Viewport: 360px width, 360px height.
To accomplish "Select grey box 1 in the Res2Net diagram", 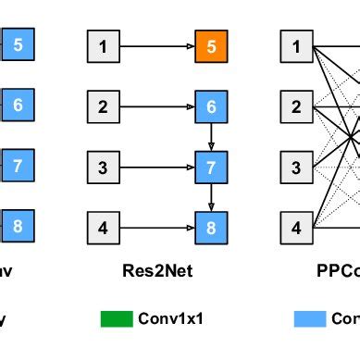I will pyautogui.click(x=103, y=44).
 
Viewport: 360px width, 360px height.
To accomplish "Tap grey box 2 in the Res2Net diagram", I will pyautogui.click(x=103, y=106).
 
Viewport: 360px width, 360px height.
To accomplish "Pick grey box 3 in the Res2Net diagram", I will pyautogui.click(x=103, y=168).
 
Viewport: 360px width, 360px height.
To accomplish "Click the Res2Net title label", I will pyautogui.click(x=156, y=272).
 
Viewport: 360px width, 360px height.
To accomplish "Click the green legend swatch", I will pyautogui.click(x=116, y=319).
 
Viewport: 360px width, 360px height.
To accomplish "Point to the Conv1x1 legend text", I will pyautogui.click(x=170, y=319).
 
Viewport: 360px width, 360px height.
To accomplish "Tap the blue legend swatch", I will pyautogui.click(x=309, y=319).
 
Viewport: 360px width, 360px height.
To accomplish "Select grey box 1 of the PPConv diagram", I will pyautogui.click(x=296, y=44).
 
